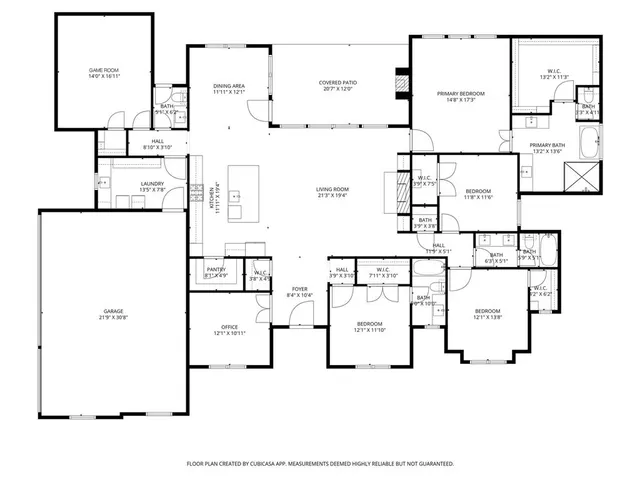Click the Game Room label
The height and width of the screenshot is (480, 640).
pos(104,70)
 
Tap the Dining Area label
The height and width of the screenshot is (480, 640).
pos(229,87)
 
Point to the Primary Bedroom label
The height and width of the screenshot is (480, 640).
pos(460,94)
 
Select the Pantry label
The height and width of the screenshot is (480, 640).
pos(215,269)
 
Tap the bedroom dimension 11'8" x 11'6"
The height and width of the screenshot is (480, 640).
pos(478,197)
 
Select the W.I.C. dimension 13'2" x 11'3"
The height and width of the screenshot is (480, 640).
pos(554,77)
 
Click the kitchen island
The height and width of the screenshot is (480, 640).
pos(237,194)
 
